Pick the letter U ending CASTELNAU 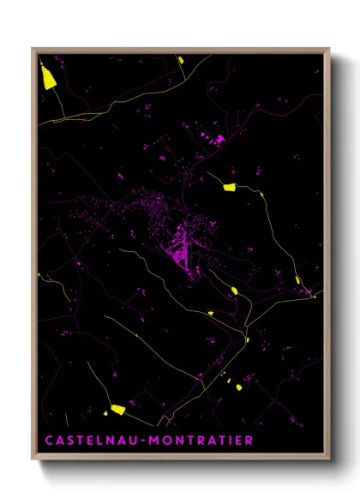133,441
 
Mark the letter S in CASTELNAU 70,441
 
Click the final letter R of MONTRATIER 248,441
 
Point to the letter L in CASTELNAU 100,441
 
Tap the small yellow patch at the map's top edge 182,58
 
